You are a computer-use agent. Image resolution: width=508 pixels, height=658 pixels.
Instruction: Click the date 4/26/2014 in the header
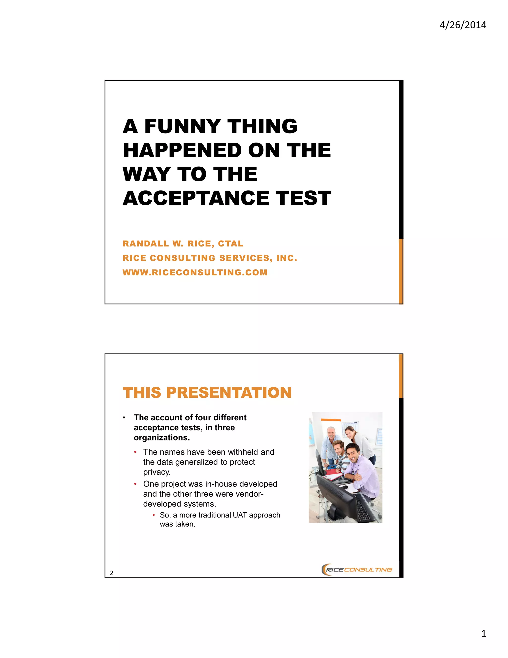tap(463, 25)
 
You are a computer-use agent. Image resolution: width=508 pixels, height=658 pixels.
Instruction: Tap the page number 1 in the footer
tap(484, 634)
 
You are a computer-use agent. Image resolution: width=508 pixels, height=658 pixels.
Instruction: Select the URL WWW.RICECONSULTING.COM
tap(195, 272)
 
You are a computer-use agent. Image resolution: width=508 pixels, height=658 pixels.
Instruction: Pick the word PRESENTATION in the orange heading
tap(229, 393)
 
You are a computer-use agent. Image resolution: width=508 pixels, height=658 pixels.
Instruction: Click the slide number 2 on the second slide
tap(112, 573)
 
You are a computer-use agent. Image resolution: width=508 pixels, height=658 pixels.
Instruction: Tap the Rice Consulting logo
tap(357, 569)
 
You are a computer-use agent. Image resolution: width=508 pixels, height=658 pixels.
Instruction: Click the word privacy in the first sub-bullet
tap(157, 472)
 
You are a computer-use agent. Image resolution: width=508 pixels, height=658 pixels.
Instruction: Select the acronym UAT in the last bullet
tap(240, 515)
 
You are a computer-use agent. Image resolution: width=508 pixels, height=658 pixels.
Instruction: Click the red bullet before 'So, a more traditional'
tap(154, 515)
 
